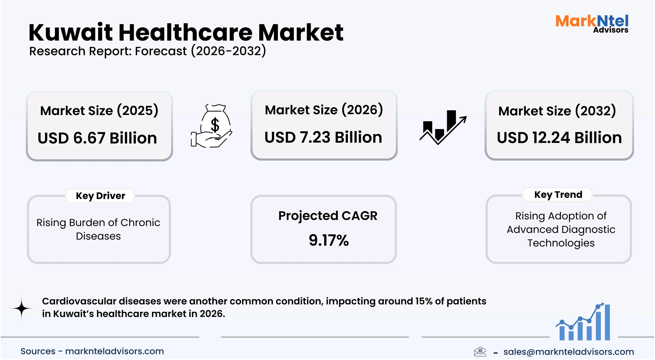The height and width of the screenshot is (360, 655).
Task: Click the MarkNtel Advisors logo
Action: click(x=592, y=24)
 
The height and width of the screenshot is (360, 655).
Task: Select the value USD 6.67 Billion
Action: click(x=97, y=138)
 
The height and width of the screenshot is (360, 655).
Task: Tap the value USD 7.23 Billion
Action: click(x=323, y=137)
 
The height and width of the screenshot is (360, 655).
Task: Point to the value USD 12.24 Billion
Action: click(x=559, y=138)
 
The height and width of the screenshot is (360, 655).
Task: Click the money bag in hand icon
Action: click(x=212, y=126)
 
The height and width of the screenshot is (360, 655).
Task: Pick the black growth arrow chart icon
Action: click(x=443, y=126)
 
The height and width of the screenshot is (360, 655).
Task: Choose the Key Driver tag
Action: click(x=100, y=196)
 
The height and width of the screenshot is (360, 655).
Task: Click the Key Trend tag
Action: click(x=558, y=194)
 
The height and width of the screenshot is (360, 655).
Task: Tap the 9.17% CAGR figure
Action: click(x=328, y=240)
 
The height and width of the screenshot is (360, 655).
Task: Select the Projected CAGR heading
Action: click(x=328, y=216)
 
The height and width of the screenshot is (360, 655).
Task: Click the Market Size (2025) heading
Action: click(x=99, y=111)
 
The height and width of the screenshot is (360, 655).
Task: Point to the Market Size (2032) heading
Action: click(x=557, y=111)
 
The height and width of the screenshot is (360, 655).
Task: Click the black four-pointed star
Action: click(x=22, y=308)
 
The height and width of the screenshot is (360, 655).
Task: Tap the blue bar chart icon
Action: click(x=583, y=323)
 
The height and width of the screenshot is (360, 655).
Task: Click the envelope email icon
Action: click(x=480, y=351)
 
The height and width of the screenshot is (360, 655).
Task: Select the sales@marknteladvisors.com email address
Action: click(x=568, y=352)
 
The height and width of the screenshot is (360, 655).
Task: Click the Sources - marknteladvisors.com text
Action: click(x=92, y=351)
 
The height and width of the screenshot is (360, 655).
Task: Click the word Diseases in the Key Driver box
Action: click(x=98, y=236)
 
